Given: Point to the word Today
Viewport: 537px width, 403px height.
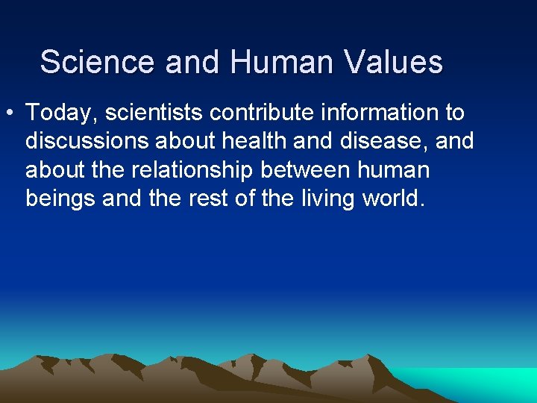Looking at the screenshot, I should coord(62,113).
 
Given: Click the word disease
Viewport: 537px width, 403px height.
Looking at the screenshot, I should coord(377,142).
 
